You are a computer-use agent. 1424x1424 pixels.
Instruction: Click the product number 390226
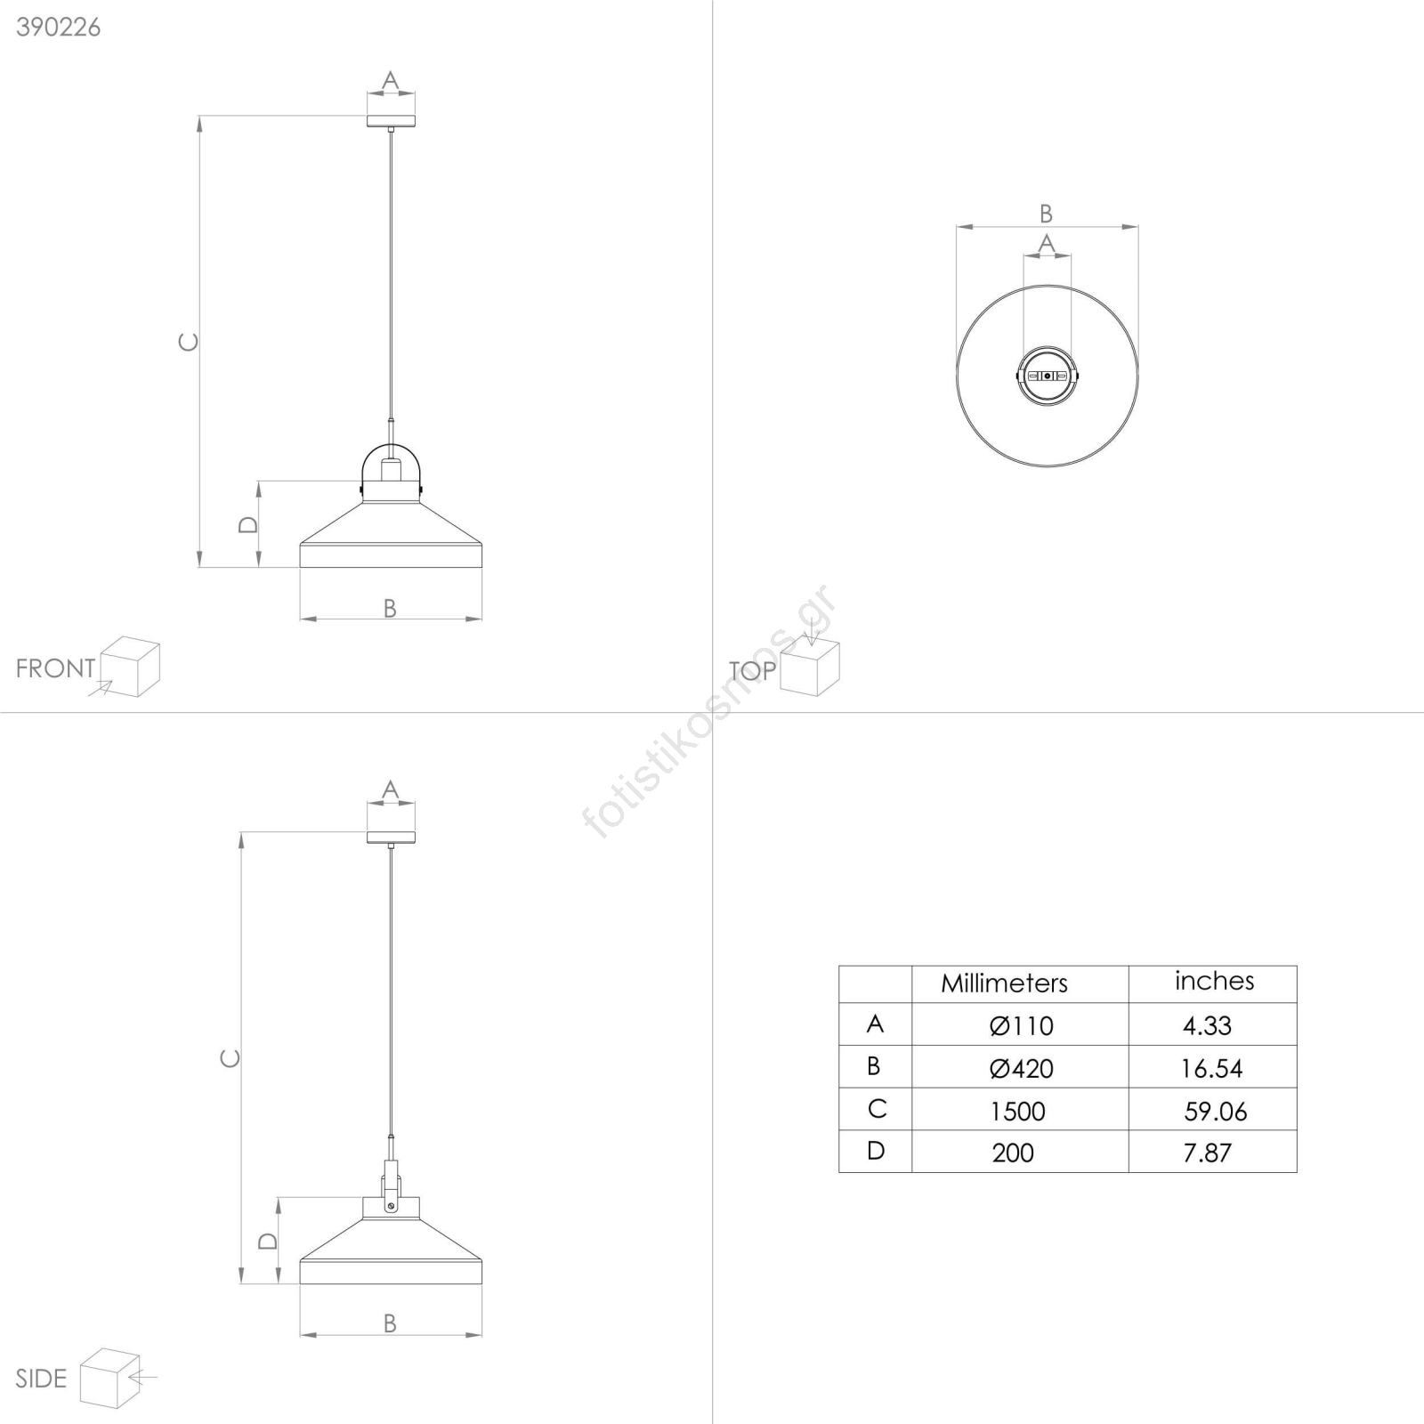click(59, 28)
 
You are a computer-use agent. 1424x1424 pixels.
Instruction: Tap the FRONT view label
click(55, 668)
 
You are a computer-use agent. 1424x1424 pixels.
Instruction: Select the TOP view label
click(753, 671)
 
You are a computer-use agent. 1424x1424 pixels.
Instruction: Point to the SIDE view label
click(41, 1379)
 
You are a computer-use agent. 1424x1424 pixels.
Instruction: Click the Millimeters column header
click(1004, 983)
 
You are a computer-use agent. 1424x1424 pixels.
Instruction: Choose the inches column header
click(1214, 981)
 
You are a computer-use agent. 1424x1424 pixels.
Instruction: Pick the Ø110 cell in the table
click(1021, 1026)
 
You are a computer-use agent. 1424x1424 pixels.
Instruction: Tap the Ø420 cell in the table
click(1021, 1069)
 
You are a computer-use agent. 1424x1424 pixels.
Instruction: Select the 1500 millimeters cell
click(1017, 1112)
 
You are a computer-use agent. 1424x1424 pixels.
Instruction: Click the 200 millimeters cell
click(1013, 1153)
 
